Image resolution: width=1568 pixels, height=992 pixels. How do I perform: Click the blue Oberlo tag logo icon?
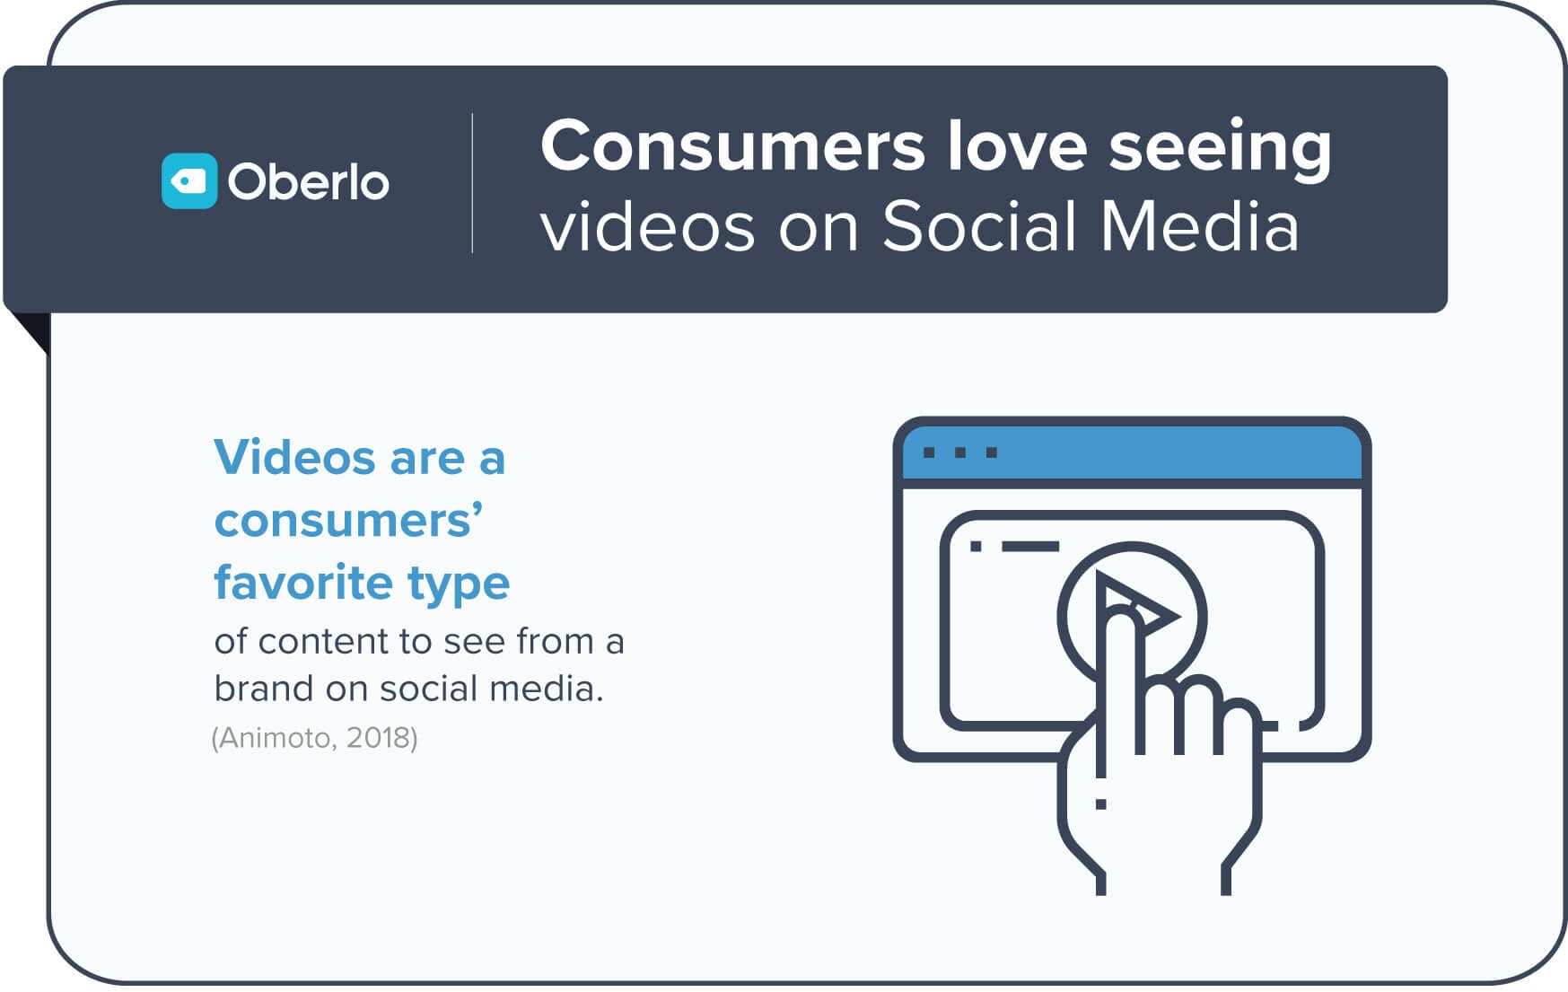click(x=189, y=181)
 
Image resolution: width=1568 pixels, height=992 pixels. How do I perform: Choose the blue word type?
click(x=459, y=585)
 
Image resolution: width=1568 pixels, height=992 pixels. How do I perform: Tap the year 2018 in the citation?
click(x=378, y=738)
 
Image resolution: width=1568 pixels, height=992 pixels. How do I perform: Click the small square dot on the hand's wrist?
click(x=1100, y=804)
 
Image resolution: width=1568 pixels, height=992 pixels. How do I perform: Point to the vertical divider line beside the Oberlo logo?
click(x=472, y=183)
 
